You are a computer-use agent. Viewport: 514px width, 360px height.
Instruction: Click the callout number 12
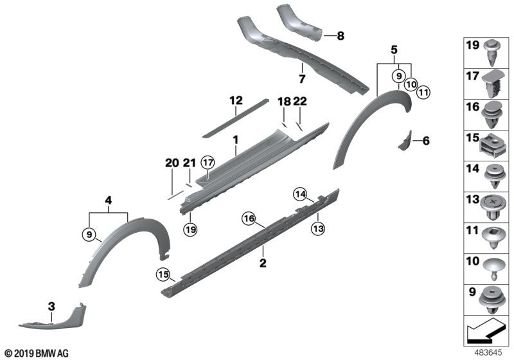click(x=236, y=100)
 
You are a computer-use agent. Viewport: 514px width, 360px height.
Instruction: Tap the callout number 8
click(x=341, y=36)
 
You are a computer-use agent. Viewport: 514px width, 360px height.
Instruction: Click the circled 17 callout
click(x=207, y=162)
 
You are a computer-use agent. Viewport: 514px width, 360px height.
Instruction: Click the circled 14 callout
click(x=300, y=193)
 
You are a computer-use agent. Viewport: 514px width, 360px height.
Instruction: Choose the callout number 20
click(x=171, y=163)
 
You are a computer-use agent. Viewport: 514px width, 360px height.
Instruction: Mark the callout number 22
click(x=300, y=101)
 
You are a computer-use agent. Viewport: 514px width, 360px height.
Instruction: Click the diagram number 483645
click(x=488, y=352)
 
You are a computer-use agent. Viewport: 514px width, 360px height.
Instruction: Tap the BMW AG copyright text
click(x=36, y=353)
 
